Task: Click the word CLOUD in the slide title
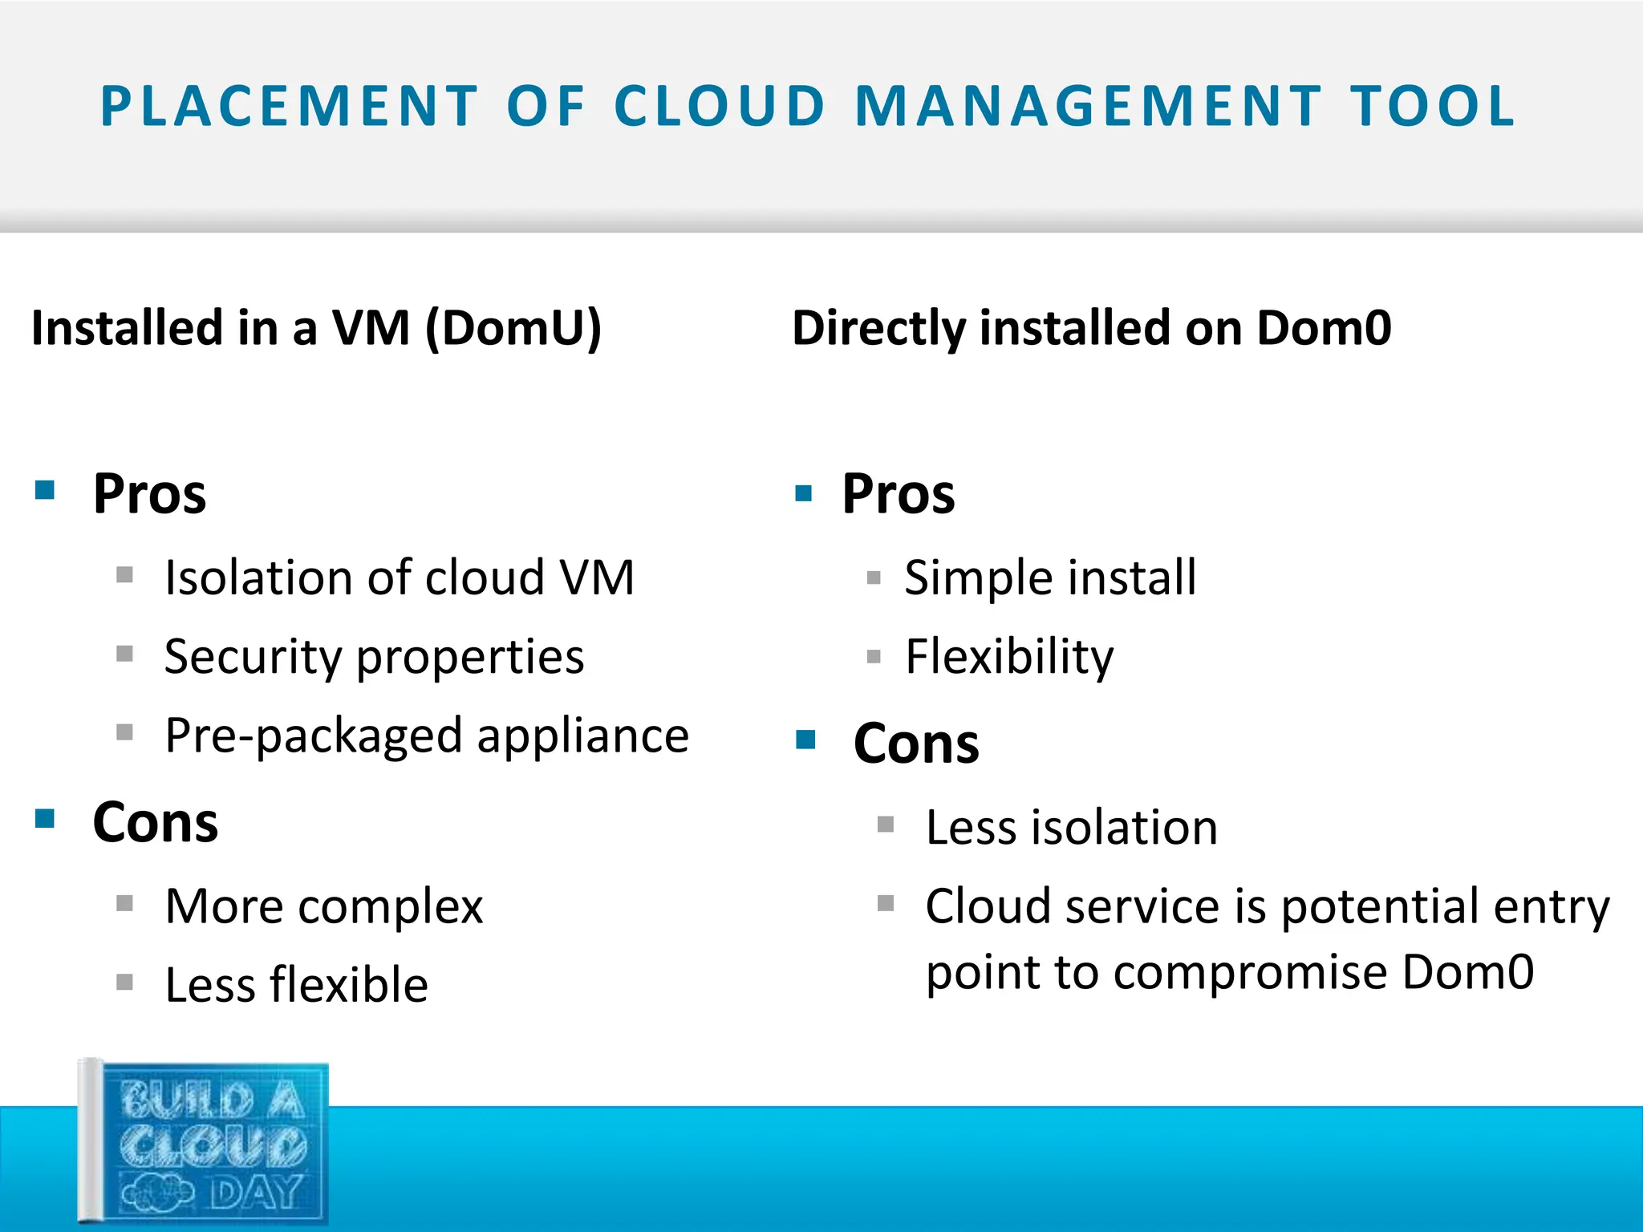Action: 720,107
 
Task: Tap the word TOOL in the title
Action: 1433,107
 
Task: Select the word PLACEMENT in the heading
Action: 289,107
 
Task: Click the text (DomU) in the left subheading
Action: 513,328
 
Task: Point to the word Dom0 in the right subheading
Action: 1324,328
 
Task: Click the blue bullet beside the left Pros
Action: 45,490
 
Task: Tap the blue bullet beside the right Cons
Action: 805,740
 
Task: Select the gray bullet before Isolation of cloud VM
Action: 124,574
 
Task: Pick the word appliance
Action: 583,736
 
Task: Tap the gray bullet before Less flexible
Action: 124,982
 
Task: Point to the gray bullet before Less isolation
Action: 886,825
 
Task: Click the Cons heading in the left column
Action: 156,823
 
